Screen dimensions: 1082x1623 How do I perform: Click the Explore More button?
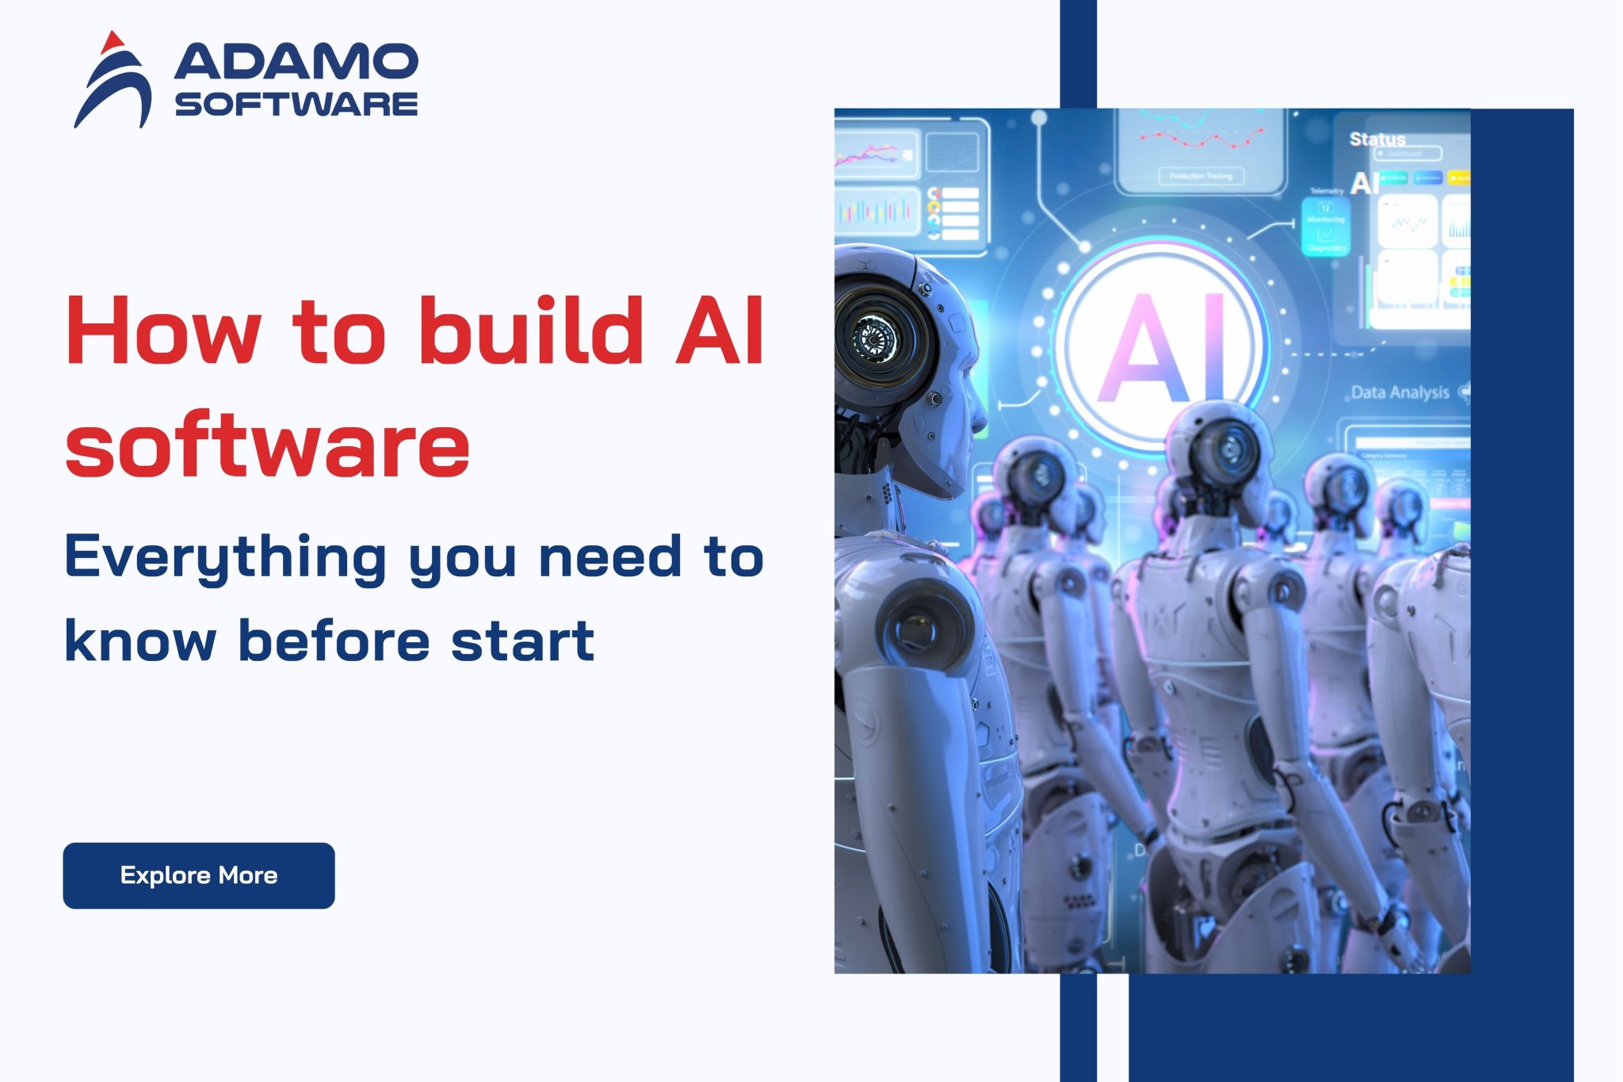point(198,875)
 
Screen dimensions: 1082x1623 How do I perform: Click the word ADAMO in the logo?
point(296,62)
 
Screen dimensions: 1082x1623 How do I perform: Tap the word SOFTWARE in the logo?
point(296,104)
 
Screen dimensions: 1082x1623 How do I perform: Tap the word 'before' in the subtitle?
point(334,640)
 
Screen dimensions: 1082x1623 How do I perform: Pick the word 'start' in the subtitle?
point(522,640)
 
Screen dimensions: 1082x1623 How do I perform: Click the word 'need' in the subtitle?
point(609,556)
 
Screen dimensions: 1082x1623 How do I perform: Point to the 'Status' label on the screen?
point(1377,140)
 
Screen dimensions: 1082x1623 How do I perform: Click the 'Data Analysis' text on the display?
point(1400,392)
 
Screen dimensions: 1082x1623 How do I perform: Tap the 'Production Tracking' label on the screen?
point(1201,176)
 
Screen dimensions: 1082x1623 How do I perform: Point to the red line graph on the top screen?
point(1201,140)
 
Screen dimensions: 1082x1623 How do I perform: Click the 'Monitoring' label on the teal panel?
point(1326,220)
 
